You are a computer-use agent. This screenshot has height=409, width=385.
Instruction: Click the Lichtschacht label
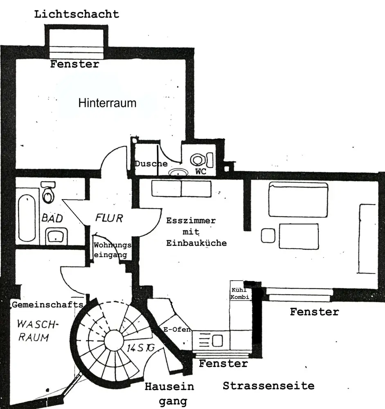pos(77,14)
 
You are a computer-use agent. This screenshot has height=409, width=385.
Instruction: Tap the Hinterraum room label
pos(107,103)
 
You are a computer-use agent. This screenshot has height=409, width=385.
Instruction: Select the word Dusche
pos(151,164)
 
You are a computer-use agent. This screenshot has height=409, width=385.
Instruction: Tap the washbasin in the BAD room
pos(56,236)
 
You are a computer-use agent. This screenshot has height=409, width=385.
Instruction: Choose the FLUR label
pos(109,218)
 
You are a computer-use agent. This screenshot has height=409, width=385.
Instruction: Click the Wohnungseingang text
pos(112,250)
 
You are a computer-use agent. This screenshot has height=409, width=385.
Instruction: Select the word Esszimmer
pos(191,221)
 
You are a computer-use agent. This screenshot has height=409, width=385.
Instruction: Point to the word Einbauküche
pos(196,243)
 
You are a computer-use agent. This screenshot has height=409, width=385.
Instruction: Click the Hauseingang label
pos(169,393)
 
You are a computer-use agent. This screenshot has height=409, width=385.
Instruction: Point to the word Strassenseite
pos(268,385)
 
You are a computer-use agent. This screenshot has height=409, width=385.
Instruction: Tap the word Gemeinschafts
pos(47,305)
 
